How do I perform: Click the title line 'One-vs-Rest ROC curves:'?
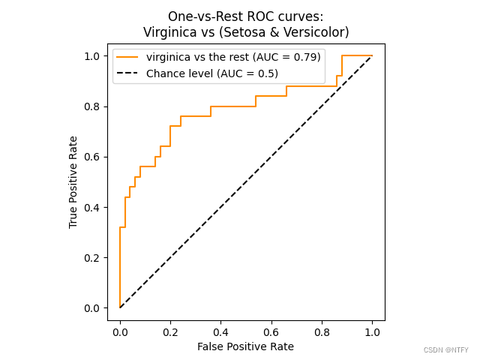(246, 16)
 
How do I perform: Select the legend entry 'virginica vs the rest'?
(233, 57)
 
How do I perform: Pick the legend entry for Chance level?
(212, 73)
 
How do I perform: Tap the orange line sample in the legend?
(128, 57)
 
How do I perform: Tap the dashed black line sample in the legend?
(128, 73)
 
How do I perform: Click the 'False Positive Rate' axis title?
(245, 346)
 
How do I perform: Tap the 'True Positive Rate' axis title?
(73, 182)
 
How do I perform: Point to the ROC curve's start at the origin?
(120, 307)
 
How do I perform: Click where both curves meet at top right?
(372, 55)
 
